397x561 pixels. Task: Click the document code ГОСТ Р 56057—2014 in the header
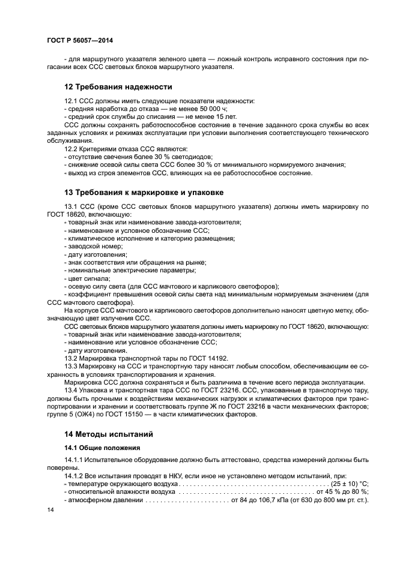(80, 40)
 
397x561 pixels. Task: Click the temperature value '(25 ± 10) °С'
(348, 483)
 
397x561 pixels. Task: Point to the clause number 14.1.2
(75, 475)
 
